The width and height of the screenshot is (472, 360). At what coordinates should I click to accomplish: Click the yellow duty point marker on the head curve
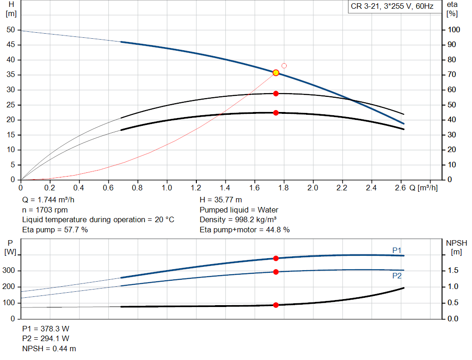coord(276,73)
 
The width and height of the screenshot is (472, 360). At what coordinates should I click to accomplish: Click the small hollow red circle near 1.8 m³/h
coord(284,66)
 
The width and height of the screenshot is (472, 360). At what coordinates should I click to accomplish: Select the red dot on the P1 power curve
coord(276,259)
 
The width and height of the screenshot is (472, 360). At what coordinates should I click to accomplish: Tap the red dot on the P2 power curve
coord(276,272)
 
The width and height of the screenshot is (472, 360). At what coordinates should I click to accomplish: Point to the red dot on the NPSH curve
coord(276,305)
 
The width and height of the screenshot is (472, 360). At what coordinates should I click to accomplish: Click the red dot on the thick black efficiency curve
coord(276,113)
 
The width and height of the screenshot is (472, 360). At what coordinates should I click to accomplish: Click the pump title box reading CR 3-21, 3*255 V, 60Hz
coord(391,7)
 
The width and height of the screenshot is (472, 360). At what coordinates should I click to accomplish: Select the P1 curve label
coord(397,250)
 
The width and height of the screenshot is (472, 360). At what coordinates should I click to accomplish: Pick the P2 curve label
coord(397,276)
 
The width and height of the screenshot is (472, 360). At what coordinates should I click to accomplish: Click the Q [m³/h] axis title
coord(423,188)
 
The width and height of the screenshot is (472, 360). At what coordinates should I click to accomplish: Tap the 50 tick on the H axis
coord(11,30)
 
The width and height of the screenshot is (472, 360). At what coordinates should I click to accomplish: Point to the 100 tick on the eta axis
coord(454,30)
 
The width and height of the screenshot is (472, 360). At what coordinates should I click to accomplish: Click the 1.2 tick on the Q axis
coord(196,188)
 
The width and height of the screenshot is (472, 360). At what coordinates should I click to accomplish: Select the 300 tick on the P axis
coord(9,271)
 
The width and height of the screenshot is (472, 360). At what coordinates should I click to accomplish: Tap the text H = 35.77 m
coord(221,200)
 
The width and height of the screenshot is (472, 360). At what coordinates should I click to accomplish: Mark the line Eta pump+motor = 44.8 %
coord(245,230)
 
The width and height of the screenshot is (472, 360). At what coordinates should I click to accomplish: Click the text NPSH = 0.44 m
coord(49,349)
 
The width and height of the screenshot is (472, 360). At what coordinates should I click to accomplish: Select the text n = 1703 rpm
coord(45,210)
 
